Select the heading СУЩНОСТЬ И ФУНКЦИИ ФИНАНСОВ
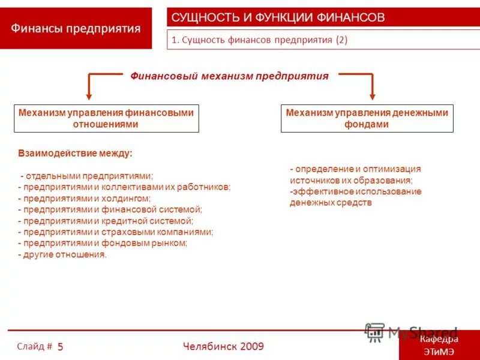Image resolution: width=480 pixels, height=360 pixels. click(278, 17)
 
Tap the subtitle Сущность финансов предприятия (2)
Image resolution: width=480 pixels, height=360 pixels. click(260, 40)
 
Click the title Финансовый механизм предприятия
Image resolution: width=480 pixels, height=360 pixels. click(230, 76)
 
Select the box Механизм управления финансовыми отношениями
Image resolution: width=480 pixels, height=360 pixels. click(106, 118)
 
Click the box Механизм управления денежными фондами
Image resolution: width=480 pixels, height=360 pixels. click(367, 118)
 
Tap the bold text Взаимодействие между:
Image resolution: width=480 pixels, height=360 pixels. click(75, 153)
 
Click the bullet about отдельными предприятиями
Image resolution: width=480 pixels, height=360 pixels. click(87, 176)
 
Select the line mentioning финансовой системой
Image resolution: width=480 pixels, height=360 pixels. click(110, 209)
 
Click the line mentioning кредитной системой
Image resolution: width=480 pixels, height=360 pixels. click(106, 221)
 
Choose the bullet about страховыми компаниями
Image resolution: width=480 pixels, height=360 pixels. click(115, 232)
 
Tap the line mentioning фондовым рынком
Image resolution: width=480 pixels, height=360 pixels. click(103, 243)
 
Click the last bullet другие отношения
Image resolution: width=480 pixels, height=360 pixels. click(62, 254)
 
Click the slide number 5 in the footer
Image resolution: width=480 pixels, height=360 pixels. click(61, 347)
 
